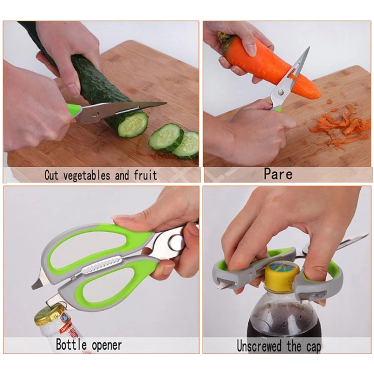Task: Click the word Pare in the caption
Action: pos(278,174)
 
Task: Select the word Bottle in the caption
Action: pos(71,345)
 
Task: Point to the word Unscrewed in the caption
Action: pos(259,346)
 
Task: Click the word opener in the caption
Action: pos(106,346)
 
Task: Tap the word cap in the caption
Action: pos(312,347)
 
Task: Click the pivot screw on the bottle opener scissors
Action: pos(175,241)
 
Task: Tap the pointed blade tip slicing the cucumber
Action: pos(165,103)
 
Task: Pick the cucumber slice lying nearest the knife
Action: pos(166,138)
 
